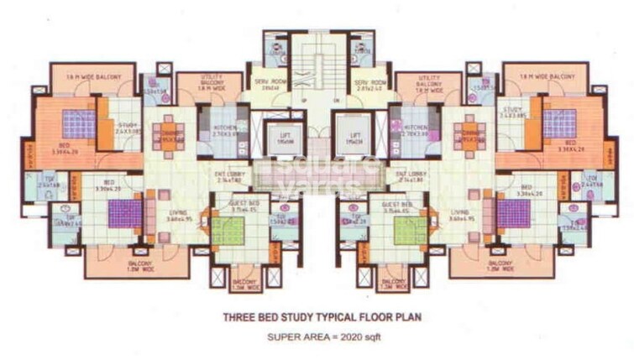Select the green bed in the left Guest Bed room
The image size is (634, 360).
[226, 229]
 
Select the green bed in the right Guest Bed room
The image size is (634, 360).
[409, 229]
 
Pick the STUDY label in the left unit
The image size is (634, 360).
[126, 127]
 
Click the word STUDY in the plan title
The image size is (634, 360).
[291, 317]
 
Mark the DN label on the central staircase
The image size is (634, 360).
[333, 101]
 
